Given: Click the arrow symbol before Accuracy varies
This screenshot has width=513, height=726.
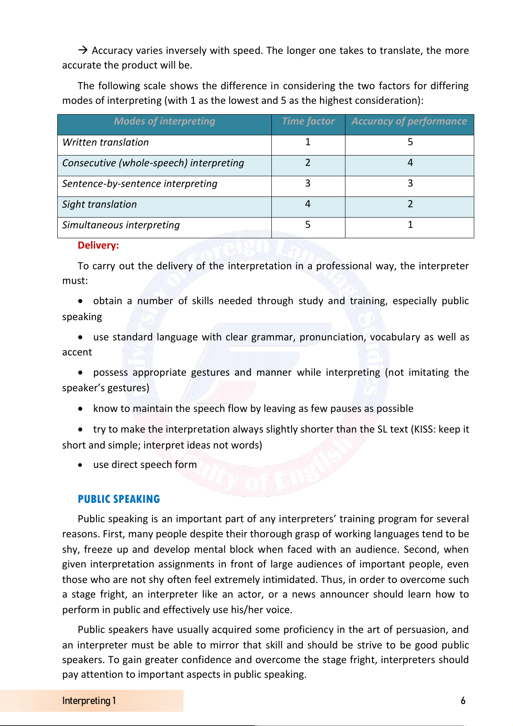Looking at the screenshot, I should click(83, 50).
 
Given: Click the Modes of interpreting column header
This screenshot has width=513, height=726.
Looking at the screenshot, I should click(165, 122).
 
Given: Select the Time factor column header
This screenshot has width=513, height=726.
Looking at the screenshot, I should click(308, 122).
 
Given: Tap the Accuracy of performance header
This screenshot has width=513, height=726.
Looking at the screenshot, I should click(409, 122).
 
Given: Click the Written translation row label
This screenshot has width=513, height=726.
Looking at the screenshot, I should click(106, 143).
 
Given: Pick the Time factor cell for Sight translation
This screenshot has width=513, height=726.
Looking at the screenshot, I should click(308, 204).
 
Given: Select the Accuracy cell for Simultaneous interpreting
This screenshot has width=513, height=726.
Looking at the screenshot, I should click(410, 225).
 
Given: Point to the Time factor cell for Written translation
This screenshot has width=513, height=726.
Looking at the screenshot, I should click(308, 142).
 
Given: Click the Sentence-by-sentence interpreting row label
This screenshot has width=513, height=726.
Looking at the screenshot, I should click(140, 184).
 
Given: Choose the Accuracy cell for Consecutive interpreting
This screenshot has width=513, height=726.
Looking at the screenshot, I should click(410, 163).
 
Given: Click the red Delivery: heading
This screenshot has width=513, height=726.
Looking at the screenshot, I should click(98, 246).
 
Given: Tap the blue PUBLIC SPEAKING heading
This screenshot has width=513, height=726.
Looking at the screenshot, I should click(119, 499).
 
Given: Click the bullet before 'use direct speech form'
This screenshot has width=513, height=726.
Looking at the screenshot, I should click(81, 465).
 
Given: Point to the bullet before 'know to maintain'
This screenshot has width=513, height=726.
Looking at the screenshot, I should click(81, 409).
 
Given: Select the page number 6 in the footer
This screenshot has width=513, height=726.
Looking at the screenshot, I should click(463, 701).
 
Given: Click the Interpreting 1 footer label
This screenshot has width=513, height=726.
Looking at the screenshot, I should click(89, 701).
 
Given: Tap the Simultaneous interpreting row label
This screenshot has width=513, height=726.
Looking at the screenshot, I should click(121, 225).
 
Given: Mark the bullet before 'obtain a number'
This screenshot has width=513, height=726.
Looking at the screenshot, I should click(81, 301).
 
